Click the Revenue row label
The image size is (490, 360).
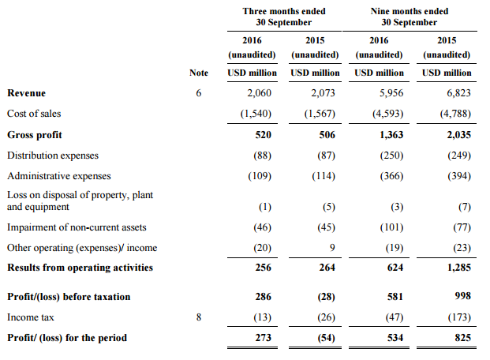pos(27,93)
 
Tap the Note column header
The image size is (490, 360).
pos(199,73)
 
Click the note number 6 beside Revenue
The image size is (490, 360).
pos(199,93)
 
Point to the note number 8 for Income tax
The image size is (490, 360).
pos(199,317)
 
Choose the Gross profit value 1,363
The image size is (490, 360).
pos(390,135)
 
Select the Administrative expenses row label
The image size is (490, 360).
pos(59,176)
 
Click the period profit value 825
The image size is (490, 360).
pos(462,338)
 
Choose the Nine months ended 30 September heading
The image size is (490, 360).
pos(409,17)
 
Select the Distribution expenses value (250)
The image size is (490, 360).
pos(391,156)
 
